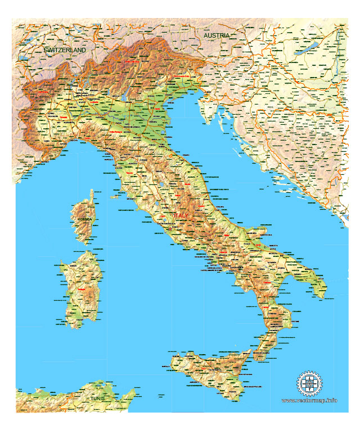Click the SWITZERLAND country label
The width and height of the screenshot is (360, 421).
(x=65, y=50)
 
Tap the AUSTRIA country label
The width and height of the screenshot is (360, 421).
(x=217, y=35)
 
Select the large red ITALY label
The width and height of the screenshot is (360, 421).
(x=182, y=216)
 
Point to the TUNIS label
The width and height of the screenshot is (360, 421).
(x=98, y=399)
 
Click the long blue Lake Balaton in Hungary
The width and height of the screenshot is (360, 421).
(x=307, y=50)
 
